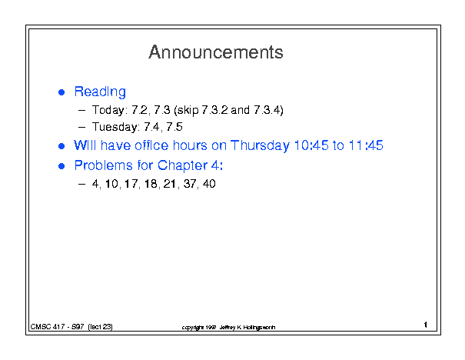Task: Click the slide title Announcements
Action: point(216,52)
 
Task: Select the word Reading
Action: point(100,92)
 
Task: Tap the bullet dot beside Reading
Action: point(61,92)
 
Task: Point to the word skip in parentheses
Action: point(188,110)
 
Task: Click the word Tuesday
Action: point(115,127)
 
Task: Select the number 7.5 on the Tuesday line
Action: point(174,127)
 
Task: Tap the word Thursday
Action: point(260,145)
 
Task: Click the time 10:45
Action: point(311,145)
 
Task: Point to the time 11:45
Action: point(366,145)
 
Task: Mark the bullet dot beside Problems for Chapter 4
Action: point(61,166)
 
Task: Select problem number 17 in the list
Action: point(131,184)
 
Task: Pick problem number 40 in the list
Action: point(209,184)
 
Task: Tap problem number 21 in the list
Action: point(170,184)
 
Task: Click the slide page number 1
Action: point(426,325)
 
